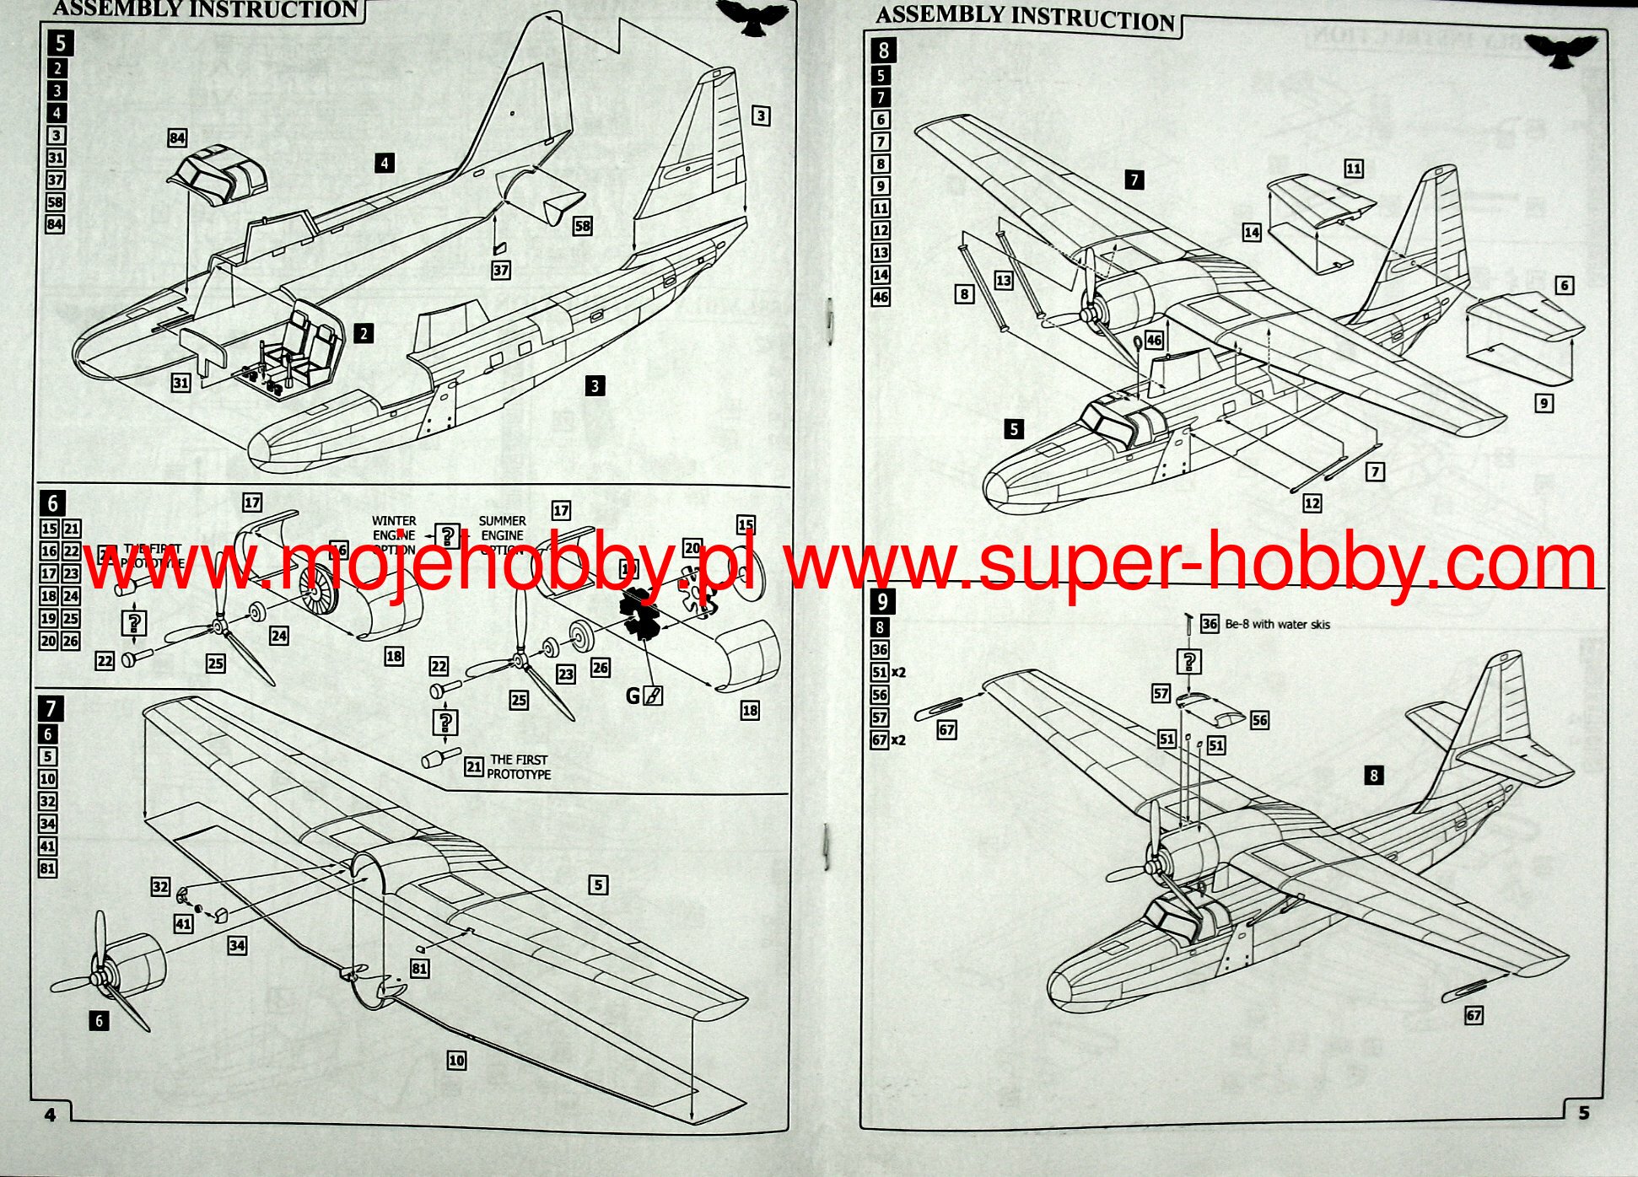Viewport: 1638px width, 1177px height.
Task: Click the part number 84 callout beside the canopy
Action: click(x=177, y=138)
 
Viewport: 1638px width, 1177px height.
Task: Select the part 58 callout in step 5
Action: click(x=582, y=226)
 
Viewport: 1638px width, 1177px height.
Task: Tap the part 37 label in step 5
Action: click(x=501, y=270)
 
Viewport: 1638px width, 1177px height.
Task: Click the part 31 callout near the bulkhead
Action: click(x=181, y=383)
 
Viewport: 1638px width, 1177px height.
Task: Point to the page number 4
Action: click(x=50, y=1115)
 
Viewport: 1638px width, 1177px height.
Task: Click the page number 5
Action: click(x=1583, y=1113)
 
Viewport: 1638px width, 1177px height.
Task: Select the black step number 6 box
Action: click(x=52, y=503)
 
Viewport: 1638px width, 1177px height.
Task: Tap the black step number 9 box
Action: click(x=882, y=601)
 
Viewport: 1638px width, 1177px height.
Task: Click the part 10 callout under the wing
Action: click(x=456, y=1060)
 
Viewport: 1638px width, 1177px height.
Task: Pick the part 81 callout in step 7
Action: click(x=419, y=969)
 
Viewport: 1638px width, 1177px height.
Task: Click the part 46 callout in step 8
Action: click(x=1154, y=341)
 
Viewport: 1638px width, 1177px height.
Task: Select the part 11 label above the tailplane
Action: click(x=1353, y=169)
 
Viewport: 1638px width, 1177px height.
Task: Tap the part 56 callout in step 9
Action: click(x=1259, y=720)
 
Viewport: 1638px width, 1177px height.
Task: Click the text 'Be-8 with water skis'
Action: click(x=1277, y=625)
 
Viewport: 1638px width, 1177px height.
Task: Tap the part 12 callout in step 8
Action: click(x=1312, y=503)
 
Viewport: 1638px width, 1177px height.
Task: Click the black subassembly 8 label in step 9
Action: click(x=1373, y=775)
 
